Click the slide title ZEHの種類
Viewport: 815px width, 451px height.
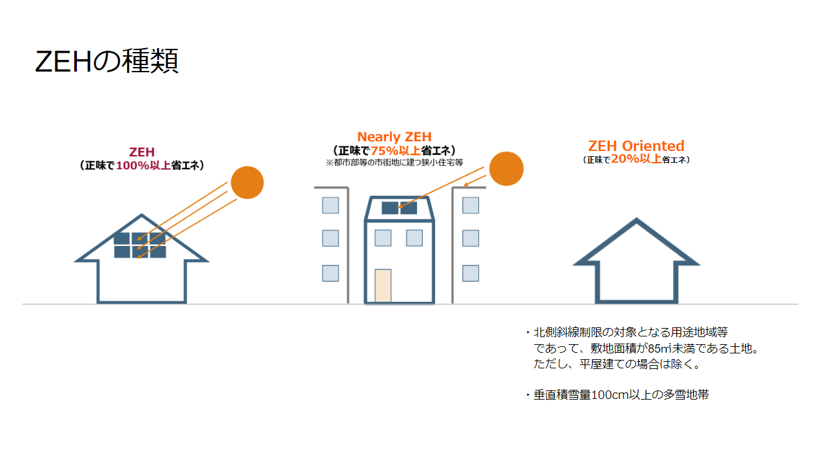(x=106, y=62)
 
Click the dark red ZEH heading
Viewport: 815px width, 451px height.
(x=141, y=153)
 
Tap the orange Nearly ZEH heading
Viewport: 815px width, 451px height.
(x=394, y=137)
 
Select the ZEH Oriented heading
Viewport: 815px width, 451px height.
(x=636, y=146)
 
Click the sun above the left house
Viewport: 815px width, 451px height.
(x=247, y=183)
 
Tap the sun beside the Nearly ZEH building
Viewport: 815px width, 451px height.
(x=506, y=169)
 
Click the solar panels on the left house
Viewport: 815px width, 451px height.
(x=139, y=245)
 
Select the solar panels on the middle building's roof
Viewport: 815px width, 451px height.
(x=399, y=208)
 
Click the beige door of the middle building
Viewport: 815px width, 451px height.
(x=383, y=286)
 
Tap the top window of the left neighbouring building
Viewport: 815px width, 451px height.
(x=330, y=206)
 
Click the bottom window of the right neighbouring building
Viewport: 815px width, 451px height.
(x=470, y=273)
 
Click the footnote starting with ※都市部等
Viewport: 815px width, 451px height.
(x=394, y=163)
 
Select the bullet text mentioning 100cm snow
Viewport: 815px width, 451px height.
(x=621, y=394)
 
